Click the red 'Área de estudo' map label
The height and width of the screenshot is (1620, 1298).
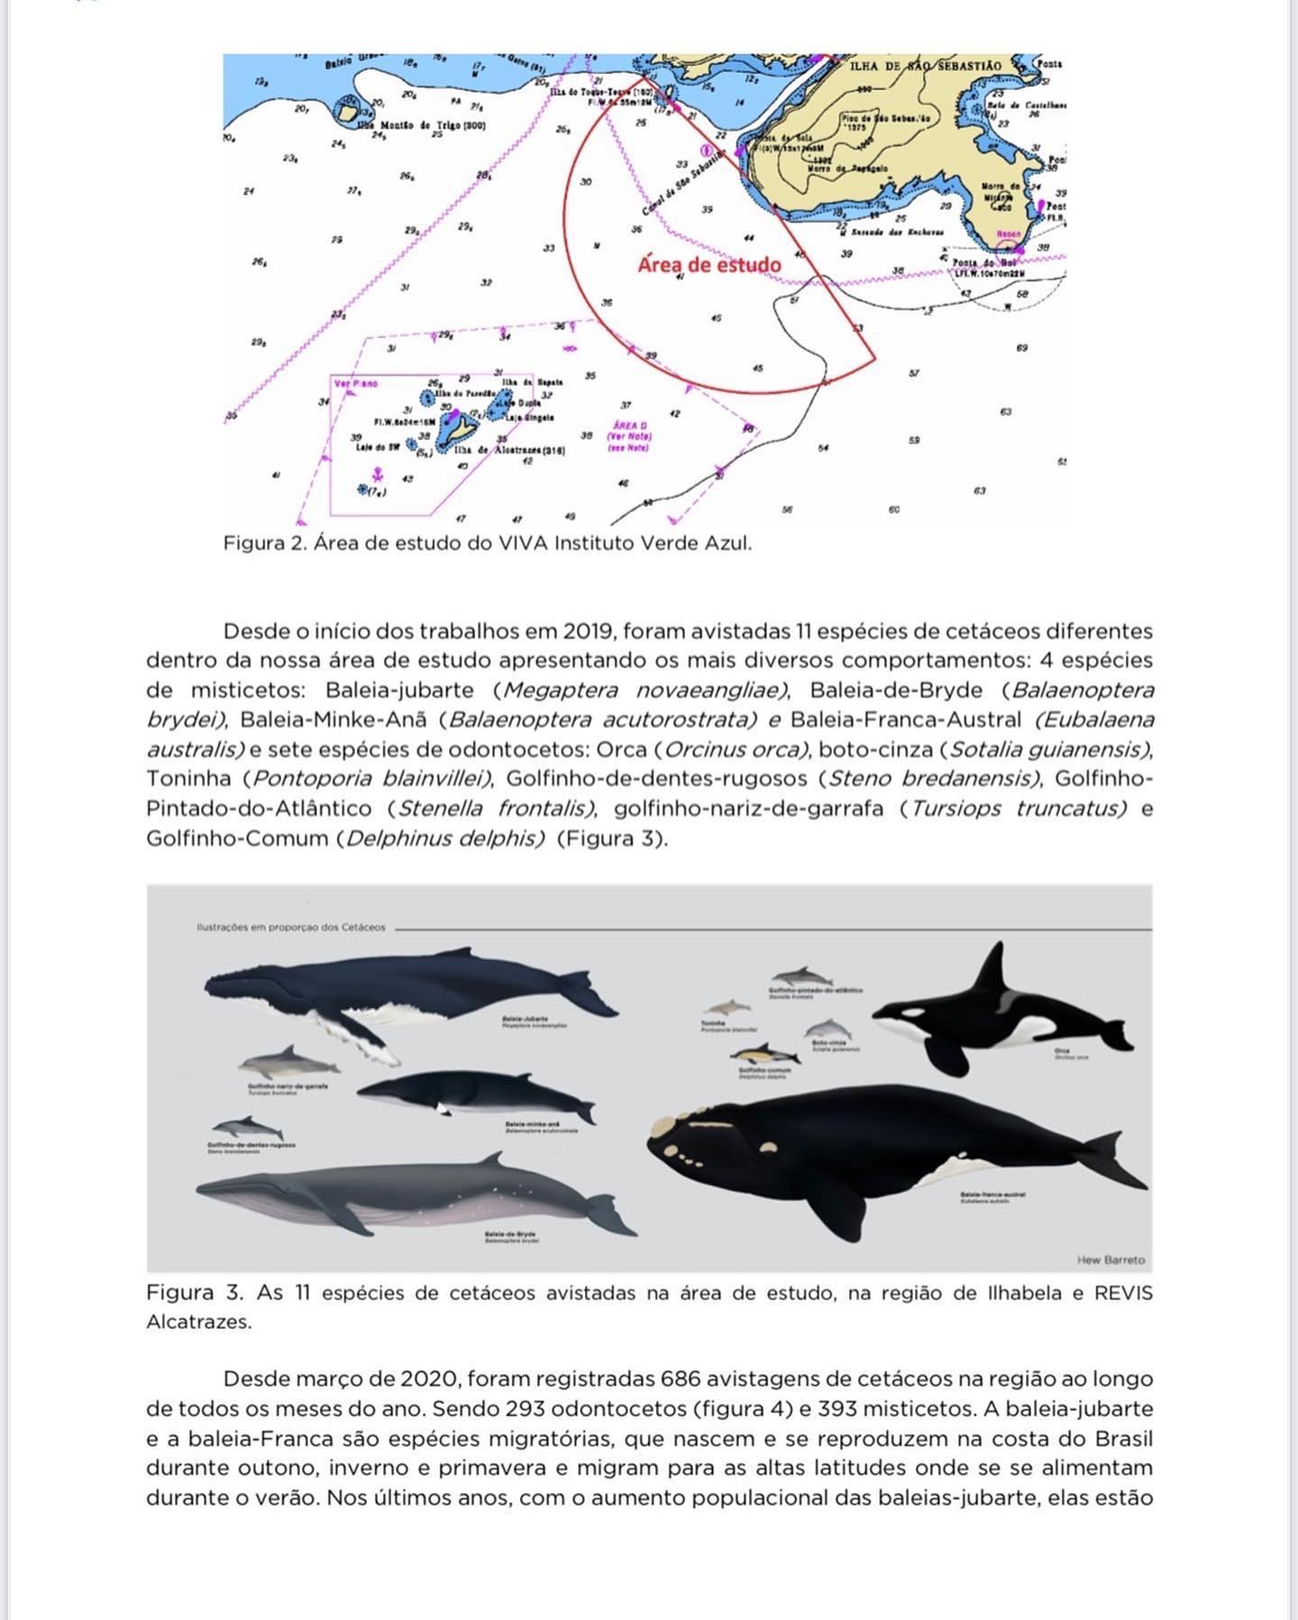coord(708,265)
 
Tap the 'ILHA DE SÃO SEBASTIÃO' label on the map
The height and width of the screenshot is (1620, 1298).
coord(925,66)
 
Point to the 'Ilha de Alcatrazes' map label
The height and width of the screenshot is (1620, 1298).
coord(510,450)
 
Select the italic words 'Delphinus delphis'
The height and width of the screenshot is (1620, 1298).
coord(445,838)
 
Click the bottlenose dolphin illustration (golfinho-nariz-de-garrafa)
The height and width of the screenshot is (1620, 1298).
coord(289,1061)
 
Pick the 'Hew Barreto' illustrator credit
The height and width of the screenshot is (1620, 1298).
coord(1111,1259)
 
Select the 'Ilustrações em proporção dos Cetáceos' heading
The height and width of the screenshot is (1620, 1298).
coord(290,927)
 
